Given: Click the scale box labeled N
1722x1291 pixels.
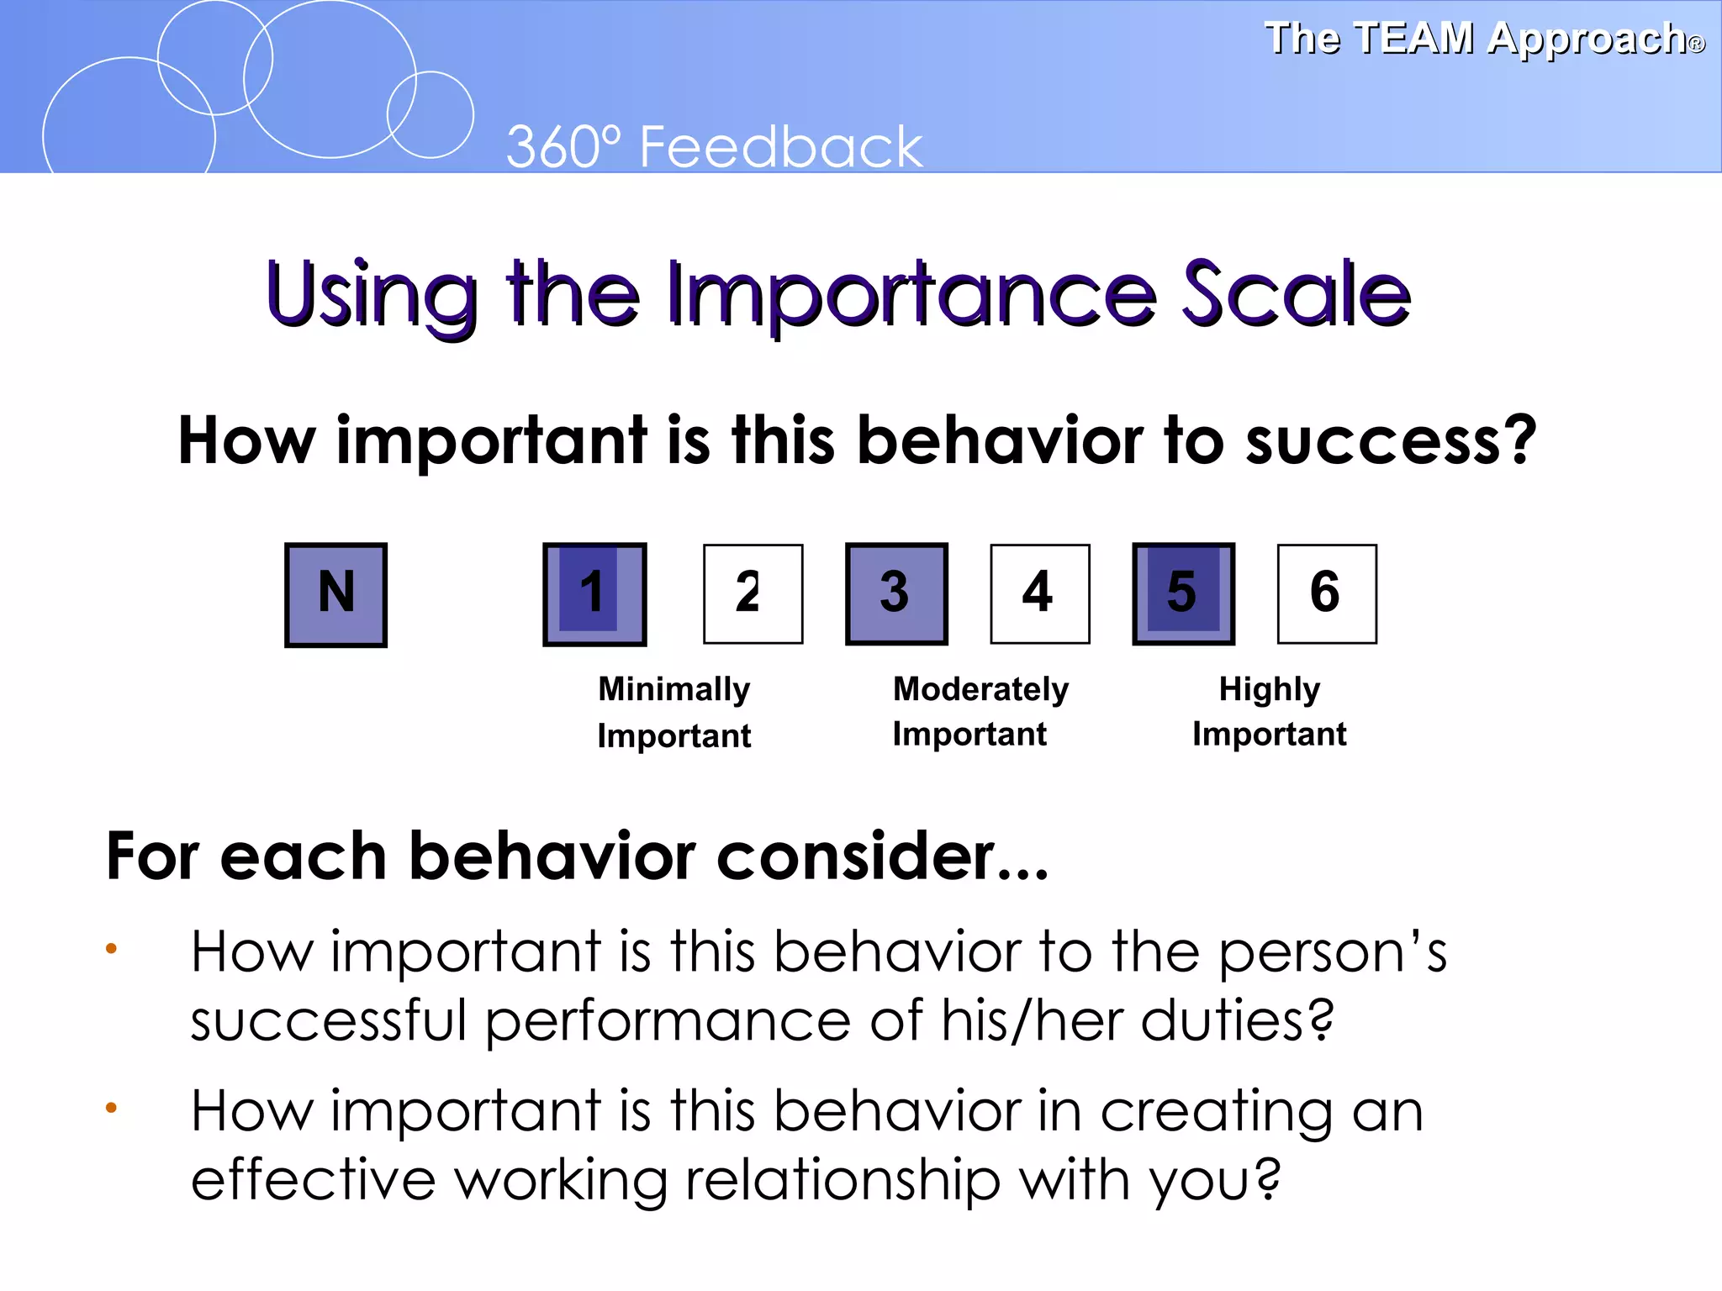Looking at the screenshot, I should point(335,594).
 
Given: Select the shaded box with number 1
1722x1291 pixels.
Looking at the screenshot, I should point(594,594).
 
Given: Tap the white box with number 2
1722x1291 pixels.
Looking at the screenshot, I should point(753,594).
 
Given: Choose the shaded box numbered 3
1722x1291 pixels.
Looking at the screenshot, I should point(896,594).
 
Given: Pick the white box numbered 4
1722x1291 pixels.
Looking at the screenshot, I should point(1039,594).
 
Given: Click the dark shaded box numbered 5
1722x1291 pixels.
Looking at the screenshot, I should point(1183,594).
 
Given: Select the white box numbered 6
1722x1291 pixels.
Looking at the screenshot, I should point(1327,594).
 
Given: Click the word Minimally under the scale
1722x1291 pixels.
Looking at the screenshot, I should point(673,690).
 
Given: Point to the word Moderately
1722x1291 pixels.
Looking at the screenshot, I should point(980,690).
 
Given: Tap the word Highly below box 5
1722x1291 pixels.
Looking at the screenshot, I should point(1269,690).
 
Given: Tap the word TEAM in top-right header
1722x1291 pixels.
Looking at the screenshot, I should point(1414,39).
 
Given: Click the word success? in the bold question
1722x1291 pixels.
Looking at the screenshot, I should point(1391,440).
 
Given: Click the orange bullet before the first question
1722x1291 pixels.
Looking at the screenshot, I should point(111,949).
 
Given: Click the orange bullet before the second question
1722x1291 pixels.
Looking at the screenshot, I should point(111,1108).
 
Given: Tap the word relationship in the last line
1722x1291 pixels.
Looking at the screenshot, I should point(843,1180).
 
